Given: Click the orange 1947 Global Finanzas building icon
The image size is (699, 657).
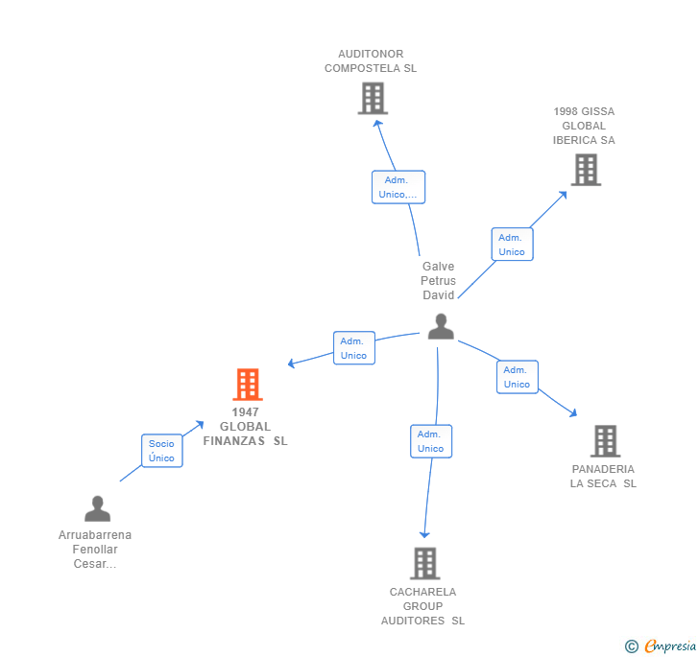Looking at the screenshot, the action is tap(248, 385).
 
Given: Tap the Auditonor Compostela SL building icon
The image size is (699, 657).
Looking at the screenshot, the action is tap(373, 98).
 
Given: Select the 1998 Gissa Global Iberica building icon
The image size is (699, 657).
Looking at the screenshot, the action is tap(586, 170).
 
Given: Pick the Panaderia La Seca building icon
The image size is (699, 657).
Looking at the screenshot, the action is tap(605, 441).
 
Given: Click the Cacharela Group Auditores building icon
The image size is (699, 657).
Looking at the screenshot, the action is tap(424, 563).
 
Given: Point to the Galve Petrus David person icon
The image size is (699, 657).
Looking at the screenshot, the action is tap(441, 327).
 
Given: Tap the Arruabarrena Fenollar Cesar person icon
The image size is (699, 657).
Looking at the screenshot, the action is tap(97, 508).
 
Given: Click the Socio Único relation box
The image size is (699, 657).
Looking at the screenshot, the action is tap(161, 451).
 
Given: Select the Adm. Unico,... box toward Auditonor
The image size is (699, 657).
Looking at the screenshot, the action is tap(398, 187).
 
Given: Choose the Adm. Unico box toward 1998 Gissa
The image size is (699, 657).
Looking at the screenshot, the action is tap(512, 245).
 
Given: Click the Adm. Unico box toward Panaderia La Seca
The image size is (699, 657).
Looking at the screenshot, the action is tap(517, 377).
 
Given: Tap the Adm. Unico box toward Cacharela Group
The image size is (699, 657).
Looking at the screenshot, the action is tap(430, 441).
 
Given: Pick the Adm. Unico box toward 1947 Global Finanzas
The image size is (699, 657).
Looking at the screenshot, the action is tap(353, 348).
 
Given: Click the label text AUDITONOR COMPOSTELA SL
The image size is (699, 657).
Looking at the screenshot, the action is tap(371, 61).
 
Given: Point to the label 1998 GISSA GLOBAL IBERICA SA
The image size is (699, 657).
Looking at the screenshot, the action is tap(584, 126).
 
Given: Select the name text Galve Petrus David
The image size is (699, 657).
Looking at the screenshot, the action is tap(438, 280).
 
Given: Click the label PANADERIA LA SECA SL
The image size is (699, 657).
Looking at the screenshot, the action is tap(603, 476).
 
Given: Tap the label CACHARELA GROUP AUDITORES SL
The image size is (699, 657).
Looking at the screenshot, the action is tap(422, 606).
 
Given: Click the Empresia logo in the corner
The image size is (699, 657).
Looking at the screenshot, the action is tap(662, 646).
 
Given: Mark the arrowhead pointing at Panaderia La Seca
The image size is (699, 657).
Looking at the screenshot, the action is tap(573, 413).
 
